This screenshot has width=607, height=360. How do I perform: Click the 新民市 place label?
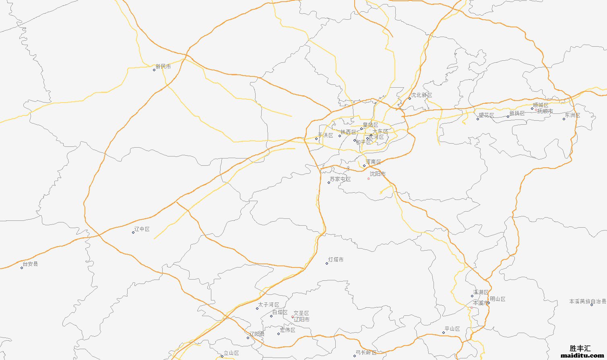[163, 67]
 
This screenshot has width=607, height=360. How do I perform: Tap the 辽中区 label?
[142, 229]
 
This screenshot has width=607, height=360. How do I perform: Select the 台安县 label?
[30, 264]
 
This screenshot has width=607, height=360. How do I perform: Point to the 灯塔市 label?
[336, 260]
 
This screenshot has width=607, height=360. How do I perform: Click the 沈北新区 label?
[421, 95]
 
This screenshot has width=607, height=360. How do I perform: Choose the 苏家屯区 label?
[341, 179]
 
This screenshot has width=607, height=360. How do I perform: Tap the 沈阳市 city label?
[378, 174]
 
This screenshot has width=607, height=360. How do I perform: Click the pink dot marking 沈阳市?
[368, 179]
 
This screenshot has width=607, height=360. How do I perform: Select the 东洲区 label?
[572, 115]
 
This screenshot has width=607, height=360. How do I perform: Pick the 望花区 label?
[486, 115]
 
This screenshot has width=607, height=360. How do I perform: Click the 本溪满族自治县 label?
[587, 301]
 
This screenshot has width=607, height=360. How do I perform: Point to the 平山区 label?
[452, 329]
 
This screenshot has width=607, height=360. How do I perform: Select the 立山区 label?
[231, 353]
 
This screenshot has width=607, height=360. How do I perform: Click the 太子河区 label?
[269, 305]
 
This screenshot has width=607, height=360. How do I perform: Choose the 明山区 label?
[498, 299]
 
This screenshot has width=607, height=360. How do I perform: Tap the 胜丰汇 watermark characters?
[580, 348]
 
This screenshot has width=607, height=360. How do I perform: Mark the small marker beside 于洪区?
[316, 139]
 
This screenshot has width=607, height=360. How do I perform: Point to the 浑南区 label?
[373, 162]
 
